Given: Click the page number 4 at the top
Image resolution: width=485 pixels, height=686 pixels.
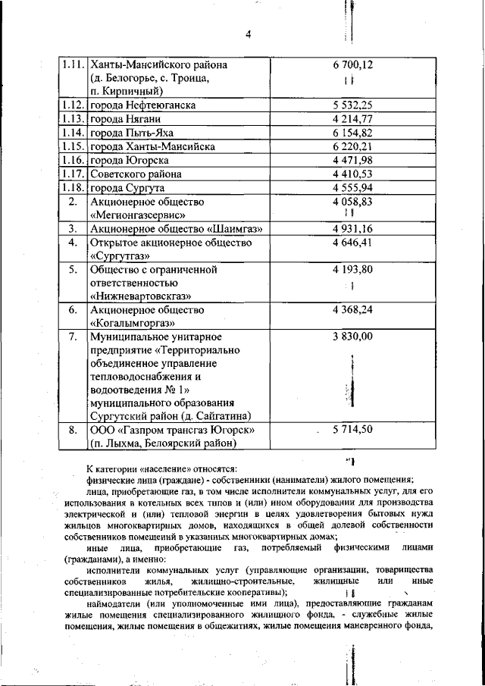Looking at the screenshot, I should coord(248,33).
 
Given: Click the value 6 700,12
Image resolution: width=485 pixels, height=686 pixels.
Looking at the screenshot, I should coord(352,65).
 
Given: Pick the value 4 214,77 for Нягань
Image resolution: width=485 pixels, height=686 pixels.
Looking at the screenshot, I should coord(352,120).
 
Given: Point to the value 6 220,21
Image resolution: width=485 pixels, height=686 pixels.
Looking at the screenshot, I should coord(352,147).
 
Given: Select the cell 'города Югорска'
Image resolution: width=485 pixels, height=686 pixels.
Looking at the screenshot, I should coord(130,161).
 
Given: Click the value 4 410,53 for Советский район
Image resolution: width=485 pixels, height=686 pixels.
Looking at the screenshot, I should coord(352,174).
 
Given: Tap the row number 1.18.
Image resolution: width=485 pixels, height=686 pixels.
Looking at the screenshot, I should coord(73,188).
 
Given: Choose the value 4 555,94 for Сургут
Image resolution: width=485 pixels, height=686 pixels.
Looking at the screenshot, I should coord(352,188).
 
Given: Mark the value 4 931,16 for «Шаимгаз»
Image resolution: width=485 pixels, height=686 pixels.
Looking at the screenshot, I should coord(352,229).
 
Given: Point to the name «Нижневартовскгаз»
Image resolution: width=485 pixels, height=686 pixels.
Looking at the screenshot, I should coord(141,296).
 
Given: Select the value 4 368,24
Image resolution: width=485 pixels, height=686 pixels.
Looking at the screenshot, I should coord(352,310).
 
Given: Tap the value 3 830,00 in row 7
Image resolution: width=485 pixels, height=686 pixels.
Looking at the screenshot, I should coord(352,337).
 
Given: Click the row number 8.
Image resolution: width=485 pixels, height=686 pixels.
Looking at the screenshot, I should coord(73,430).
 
